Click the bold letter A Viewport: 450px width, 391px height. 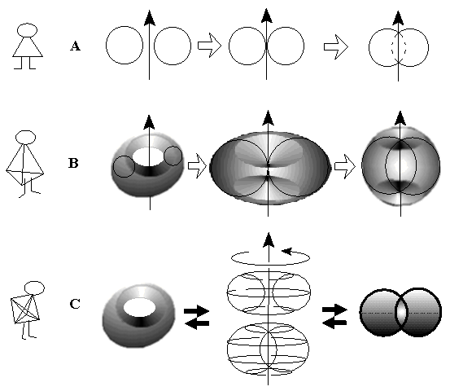[75, 46]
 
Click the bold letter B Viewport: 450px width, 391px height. [73, 163]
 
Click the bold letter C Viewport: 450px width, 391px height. [75, 304]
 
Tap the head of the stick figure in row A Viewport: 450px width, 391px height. [28, 30]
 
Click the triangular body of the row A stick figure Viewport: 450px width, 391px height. [28, 46]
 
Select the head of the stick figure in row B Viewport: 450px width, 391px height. [25, 138]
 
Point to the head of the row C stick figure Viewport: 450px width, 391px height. [34, 288]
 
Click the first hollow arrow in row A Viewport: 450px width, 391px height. [209, 46]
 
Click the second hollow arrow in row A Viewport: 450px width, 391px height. [336, 46]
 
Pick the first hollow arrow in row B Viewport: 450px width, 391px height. [197, 165]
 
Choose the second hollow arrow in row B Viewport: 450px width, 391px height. [345, 166]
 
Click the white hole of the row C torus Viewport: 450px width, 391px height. [139, 308]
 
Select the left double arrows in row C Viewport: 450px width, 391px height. [197, 317]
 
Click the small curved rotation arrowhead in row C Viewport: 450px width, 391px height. [287, 252]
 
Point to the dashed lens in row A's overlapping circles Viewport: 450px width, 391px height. [399, 47]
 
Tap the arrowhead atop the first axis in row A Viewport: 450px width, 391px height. [149, 18]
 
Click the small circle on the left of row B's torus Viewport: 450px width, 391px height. [124, 167]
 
